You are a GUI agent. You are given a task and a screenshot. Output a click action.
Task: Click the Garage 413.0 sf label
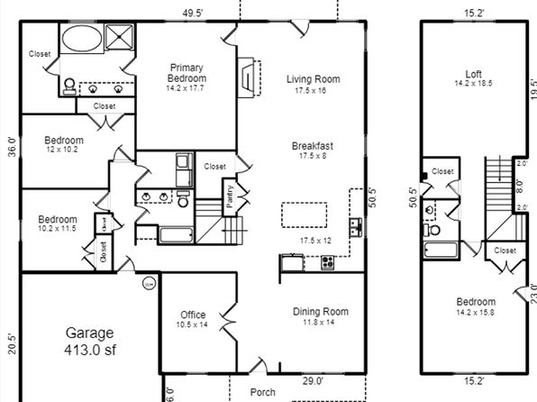(x=90, y=342)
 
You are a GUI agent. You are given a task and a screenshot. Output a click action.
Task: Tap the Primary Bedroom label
(x=187, y=73)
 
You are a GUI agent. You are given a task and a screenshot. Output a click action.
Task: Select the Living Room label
(x=314, y=79)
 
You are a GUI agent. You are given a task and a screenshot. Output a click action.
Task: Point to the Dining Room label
(x=321, y=312)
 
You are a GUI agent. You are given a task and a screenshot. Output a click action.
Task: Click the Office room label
(x=193, y=315)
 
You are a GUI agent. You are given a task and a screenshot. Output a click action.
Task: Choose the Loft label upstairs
(x=474, y=74)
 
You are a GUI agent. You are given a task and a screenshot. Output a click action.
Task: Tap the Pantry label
(x=230, y=196)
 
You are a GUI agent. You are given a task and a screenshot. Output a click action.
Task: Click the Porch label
(x=263, y=392)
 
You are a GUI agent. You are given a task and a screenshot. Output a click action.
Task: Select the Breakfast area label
(x=313, y=146)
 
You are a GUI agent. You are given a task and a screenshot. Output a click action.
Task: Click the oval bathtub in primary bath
(x=82, y=38)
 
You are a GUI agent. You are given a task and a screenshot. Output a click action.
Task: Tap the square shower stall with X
(x=119, y=37)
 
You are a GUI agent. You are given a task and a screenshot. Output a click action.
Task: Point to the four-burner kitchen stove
(x=328, y=263)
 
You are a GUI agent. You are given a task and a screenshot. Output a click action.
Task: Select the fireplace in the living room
(x=250, y=78)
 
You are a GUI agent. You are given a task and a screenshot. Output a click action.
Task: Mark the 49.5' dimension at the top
(x=193, y=13)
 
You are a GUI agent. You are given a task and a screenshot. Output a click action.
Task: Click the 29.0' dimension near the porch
(x=313, y=380)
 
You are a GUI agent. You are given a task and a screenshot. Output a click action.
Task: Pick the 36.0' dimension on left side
(x=12, y=147)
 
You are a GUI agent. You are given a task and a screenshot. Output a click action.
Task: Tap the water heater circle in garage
(x=149, y=284)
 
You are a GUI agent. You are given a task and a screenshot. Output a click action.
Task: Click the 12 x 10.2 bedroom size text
(x=62, y=150)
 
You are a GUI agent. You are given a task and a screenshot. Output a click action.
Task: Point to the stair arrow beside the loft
(x=500, y=169)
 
